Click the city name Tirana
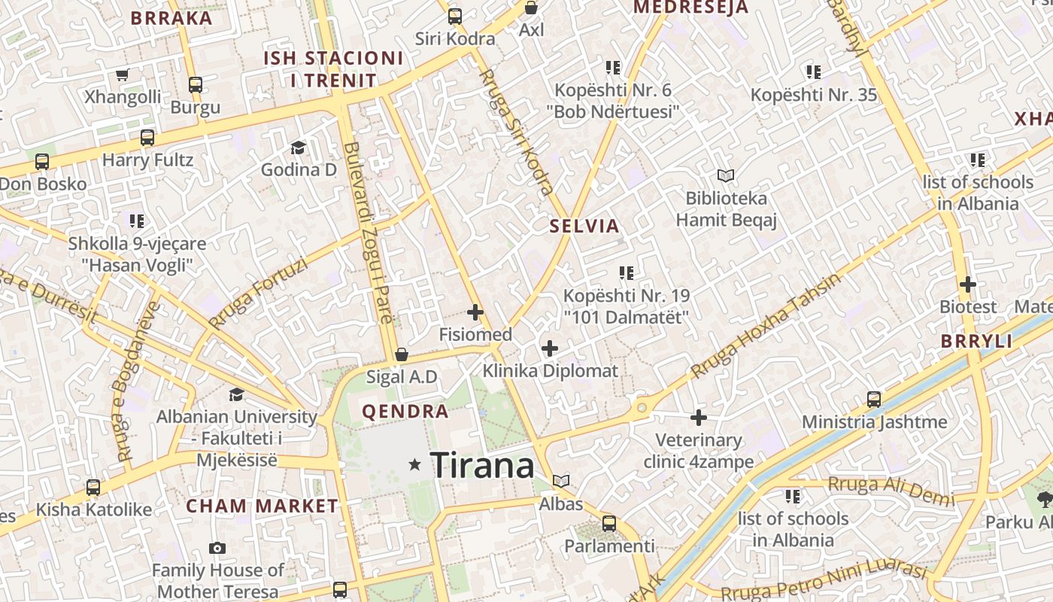[482, 465]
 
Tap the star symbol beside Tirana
[414, 465]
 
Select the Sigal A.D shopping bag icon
[402, 354]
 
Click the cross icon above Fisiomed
[475, 312]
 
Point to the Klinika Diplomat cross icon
[550, 348]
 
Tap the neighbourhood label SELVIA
[584, 226]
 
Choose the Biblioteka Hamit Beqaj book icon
[725, 175]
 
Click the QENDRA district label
[405, 412]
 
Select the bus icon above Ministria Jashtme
[874, 399]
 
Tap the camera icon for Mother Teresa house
[217, 548]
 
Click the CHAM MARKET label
[262, 506]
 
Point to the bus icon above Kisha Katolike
[93, 487]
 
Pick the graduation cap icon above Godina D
[299, 147]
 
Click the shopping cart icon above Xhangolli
[123, 74]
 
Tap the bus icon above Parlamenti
[609, 523]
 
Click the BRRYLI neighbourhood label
[976, 341]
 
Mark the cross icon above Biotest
[968, 284]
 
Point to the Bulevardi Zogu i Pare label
[368, 233]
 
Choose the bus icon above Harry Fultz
[147, 138]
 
